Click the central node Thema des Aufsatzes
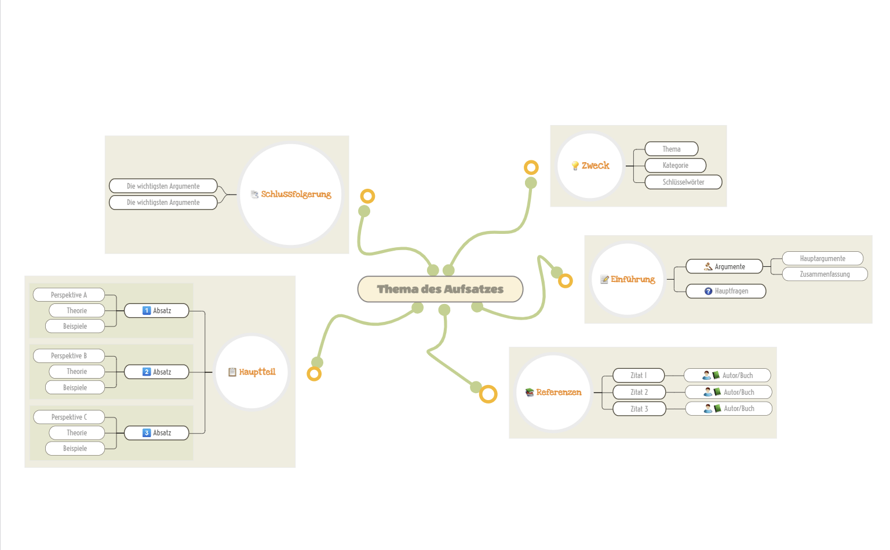(440, 289)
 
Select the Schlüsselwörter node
(683, 182)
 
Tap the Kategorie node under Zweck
(675, 166)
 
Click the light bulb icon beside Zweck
(575, 166)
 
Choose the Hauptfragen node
(726, 291)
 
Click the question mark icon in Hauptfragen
(708, 291)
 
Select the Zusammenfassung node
(825, 274)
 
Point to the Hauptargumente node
(822, 258)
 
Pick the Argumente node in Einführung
(724, 266)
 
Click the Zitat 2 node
(639, 392)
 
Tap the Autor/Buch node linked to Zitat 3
(729, 409)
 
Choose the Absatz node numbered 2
(156, 372)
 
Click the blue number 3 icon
(147, 433)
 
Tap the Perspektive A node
(68, 295)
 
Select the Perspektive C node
(69, 417)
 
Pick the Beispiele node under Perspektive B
(75, 387)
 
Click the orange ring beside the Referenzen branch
(488, 394)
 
